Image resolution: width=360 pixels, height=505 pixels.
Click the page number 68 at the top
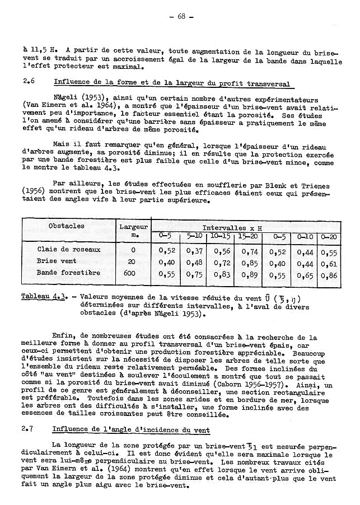coord(181,16)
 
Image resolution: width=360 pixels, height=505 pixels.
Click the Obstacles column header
coord(66,226)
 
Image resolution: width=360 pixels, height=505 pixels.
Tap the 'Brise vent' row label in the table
coord(57,261)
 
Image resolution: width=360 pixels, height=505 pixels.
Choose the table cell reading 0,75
coord(195,274)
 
